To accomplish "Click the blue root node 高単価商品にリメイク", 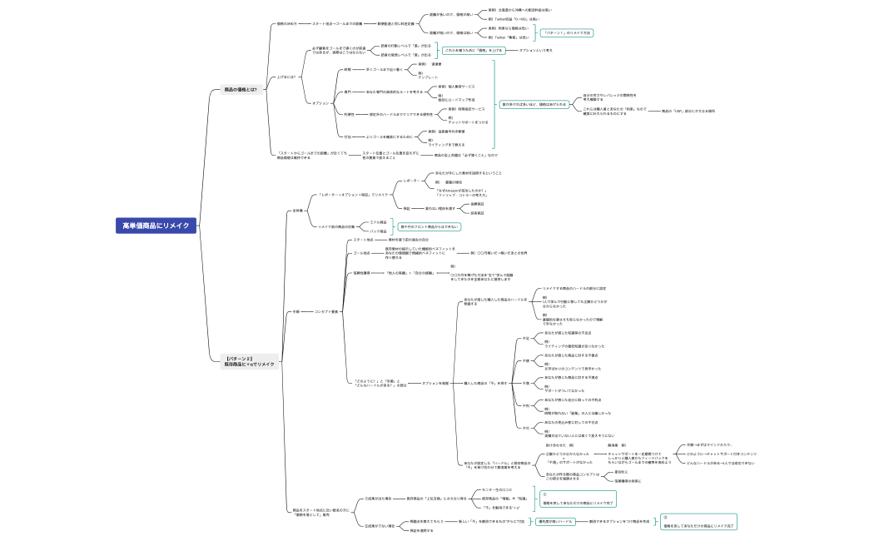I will click(156, 225).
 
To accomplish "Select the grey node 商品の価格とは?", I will click(241, 89).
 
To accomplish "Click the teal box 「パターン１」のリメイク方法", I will click(567, 32).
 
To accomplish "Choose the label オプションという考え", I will click(535, 50).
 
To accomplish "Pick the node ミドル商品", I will click(378, 222).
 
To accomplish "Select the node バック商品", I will click(378, 231).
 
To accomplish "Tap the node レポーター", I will click(411, 181).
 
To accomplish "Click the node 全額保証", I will click(477, 203).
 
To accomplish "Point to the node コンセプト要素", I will click(326, 311).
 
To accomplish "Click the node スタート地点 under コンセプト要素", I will click(363, 240).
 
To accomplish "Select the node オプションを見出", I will click(435, 383).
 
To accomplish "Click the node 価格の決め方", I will click(286, 23).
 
